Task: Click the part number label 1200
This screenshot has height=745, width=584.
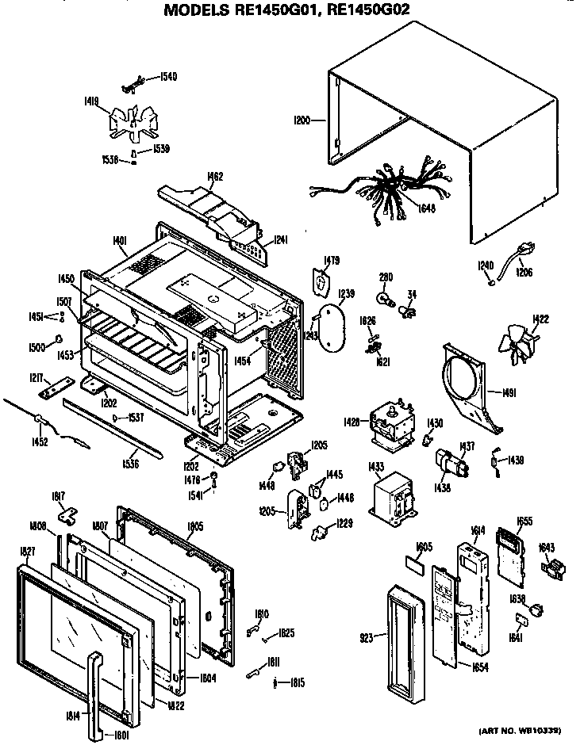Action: click(302, 120)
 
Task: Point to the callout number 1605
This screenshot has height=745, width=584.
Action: click(424, 547)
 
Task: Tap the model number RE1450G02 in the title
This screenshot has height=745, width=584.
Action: click(369, 11)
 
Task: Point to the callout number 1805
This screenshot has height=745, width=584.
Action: click(195, 525)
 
